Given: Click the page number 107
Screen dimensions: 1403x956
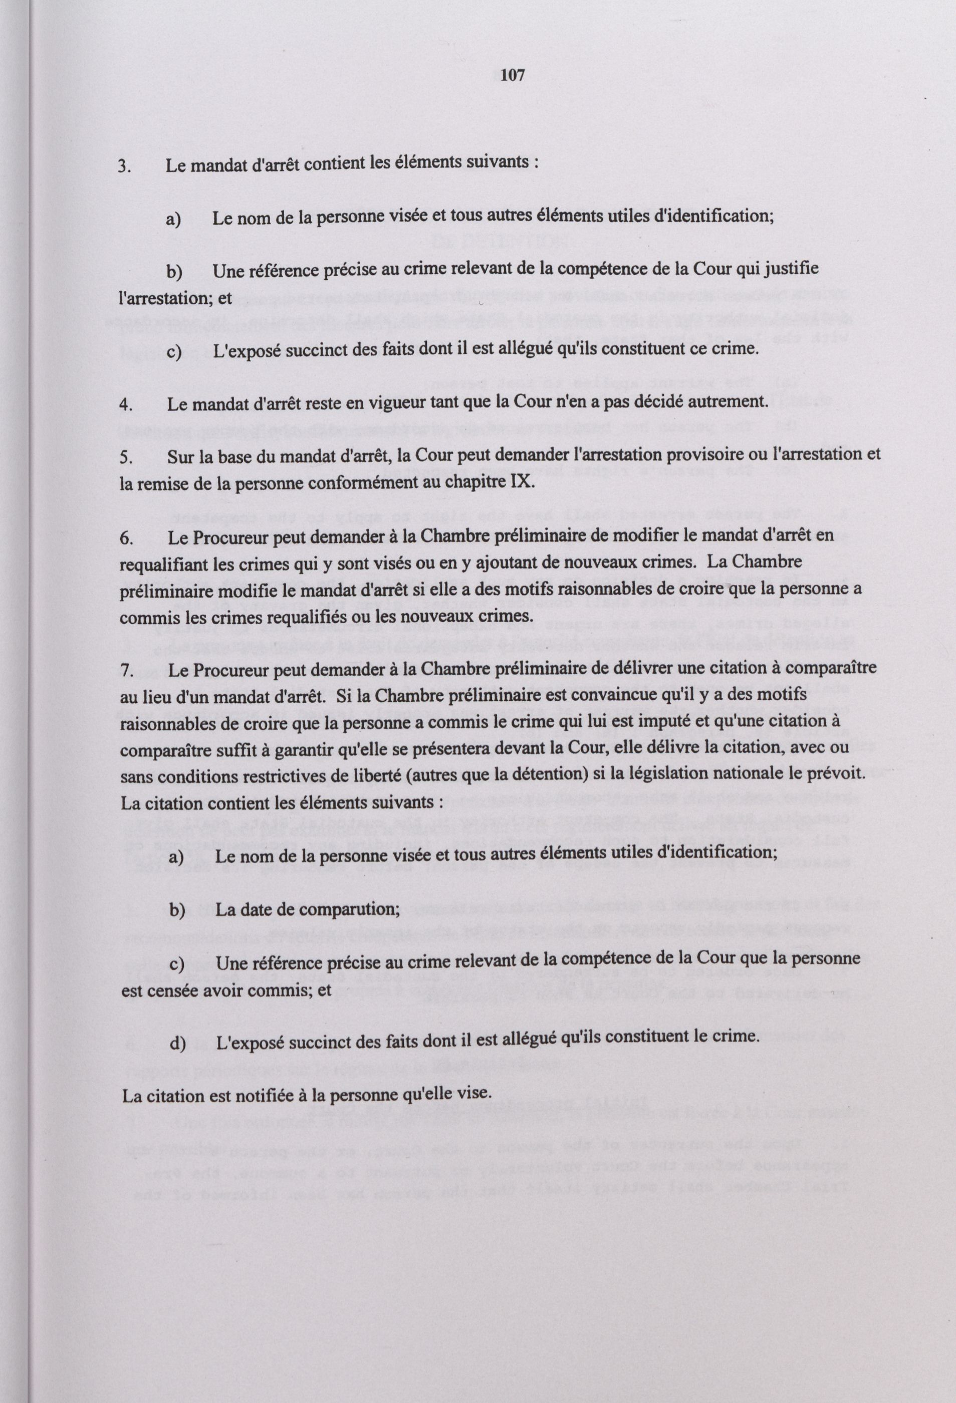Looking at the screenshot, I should tap(513, 76).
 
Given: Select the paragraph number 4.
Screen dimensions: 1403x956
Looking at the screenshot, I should tap(126, 405).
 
